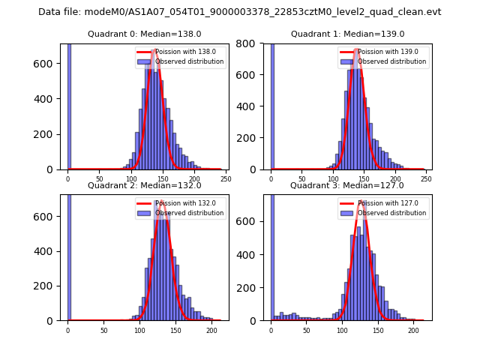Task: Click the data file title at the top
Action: [x=239, y=12]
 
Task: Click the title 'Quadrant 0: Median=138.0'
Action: [x=145, y=34]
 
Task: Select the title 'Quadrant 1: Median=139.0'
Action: [x=347, y=34]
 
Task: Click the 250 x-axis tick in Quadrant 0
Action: [x=225, y=178]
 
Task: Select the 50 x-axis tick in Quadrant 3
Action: [x=307, y=329]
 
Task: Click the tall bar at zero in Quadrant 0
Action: [x=68, y=105]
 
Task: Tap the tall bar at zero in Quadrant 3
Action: [x=271, y=255]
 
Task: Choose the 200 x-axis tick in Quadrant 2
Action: [x=211, y=329]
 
